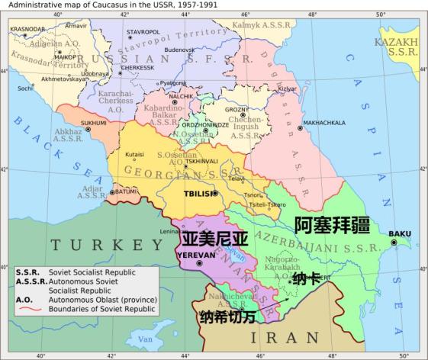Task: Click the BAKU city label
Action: tap(399, 233)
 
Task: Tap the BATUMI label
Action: tap(125, 192)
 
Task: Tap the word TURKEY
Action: tap(98, 245)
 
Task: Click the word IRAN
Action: tap(290, 336)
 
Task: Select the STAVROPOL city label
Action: tap(143, 31)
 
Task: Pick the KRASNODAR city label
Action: tap(27, 29)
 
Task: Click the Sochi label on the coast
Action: tap(25, 88)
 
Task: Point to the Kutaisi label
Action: tap(134, 154)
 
